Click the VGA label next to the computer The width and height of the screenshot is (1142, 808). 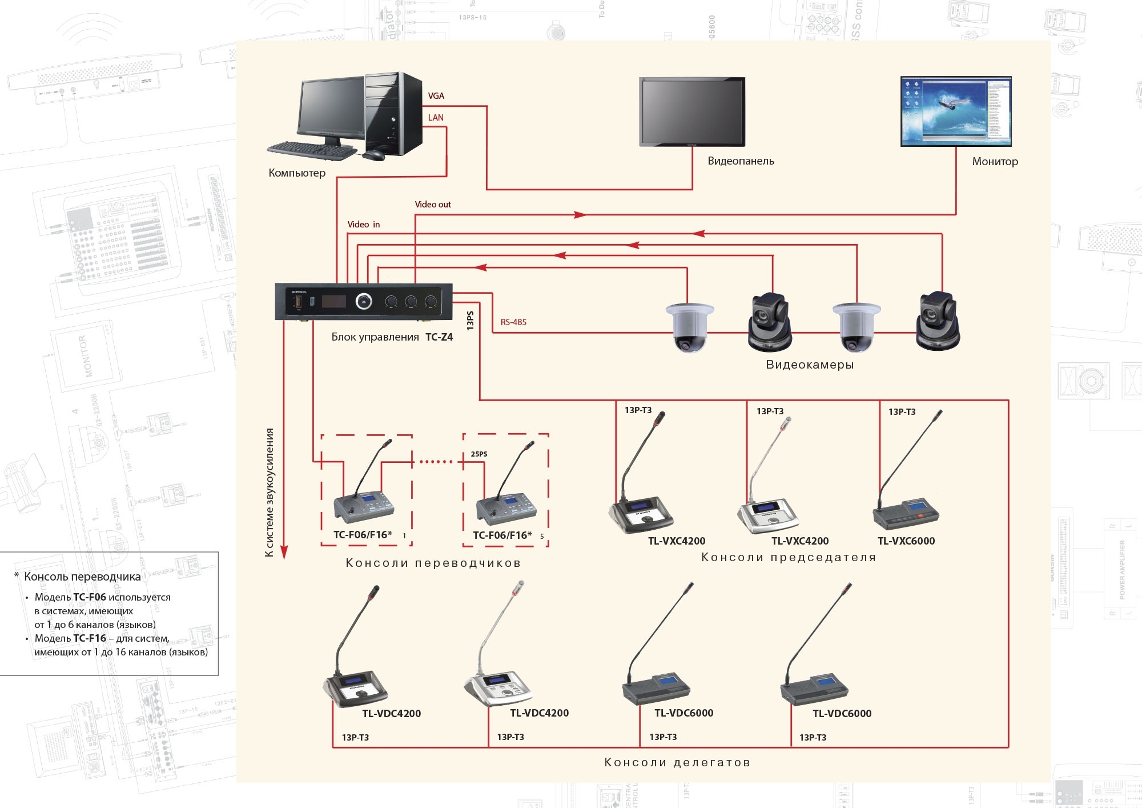pyautogui.click(x=436, y=96)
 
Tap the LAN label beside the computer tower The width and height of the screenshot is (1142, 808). pyautogui.click(x=436, y=118)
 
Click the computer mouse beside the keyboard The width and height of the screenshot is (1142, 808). pyautogui.click(x=373, y=155)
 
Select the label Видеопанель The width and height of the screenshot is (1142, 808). pyautogui.click(x=741, y=161)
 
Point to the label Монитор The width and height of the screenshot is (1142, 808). pyautogui.click(x=995, y=162)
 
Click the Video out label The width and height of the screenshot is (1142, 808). pyautogui.click(x=433, y=205)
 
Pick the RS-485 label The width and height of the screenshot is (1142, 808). pyautogui.click(x=513, y=322)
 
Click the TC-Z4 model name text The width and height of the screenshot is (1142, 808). pyautogui.click(x=439, y=337)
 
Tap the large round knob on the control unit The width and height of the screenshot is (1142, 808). pyautogui.click(x=364, y=301)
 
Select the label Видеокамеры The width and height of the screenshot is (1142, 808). pyautogui.click(x=810, y=365)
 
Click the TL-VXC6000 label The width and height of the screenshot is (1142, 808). pyautogui.click(x=906, y=541)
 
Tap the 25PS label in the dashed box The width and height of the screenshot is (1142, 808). pyautogui.click(x=479, y=454)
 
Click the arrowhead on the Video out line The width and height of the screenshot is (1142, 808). pyautogui.click(x=580, y=215)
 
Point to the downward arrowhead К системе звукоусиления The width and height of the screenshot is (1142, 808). pyautogui.click(x=284, y=552)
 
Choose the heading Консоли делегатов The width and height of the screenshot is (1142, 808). pyautogui.click(x=677, y=762)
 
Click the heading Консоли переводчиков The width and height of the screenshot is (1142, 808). pyautogui.click(x=433, y=563)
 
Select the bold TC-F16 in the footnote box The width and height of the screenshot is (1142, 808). pyautogui.click(x=90, y=638)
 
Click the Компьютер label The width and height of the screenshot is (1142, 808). pyautogui.click(x=297, y=173)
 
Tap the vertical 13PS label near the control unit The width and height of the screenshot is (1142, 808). pyautogui.click(x=470, y=321)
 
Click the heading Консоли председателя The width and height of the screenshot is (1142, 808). pyautogui.click(x=789, y=557)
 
